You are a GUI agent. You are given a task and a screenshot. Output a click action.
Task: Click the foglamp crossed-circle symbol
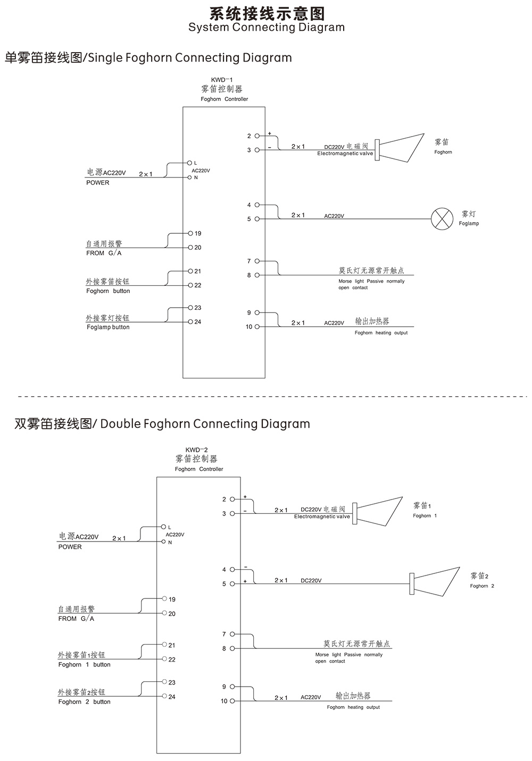click(x=439, y=219)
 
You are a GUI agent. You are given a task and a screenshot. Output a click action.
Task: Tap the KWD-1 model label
click(x=222, y=80)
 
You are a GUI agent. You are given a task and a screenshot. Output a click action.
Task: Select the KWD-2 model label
click(x=196, y=450)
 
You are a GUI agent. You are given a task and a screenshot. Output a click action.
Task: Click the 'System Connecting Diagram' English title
click(x=266, y=28)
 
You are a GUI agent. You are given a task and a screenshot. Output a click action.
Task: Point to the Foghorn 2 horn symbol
click(x=434, y=583)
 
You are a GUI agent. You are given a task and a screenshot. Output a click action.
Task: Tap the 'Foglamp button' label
click(x=108, y=327)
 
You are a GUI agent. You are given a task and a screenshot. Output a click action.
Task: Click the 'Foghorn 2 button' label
click(x=85, y=702)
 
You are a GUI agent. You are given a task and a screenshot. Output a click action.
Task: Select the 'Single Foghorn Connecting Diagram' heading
click(x=148, y=57)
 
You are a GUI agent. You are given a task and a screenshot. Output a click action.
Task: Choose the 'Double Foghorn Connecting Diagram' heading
click(x=162, y=424)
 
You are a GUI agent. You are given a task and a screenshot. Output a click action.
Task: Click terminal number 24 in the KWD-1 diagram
click(x=198, y=322)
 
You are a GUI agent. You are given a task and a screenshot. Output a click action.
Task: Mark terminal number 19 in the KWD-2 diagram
click(x=172, y=599)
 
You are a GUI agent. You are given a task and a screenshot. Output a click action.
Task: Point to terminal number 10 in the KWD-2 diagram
click(x=224, y=701)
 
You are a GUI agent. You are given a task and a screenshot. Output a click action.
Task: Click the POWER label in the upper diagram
click(x=98, y=183)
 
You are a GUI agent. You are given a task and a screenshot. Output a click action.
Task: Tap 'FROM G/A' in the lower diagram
click(x=76, y=619)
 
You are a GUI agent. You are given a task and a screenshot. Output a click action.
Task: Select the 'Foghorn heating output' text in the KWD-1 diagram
click(x=381, y=333)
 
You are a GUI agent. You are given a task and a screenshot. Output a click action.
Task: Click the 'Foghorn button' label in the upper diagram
click(x=108, y=291)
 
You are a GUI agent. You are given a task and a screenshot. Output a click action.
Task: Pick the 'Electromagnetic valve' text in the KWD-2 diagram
click(x=322, y=517)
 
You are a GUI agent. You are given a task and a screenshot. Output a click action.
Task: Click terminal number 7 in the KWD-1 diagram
click(x=248, y=261)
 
